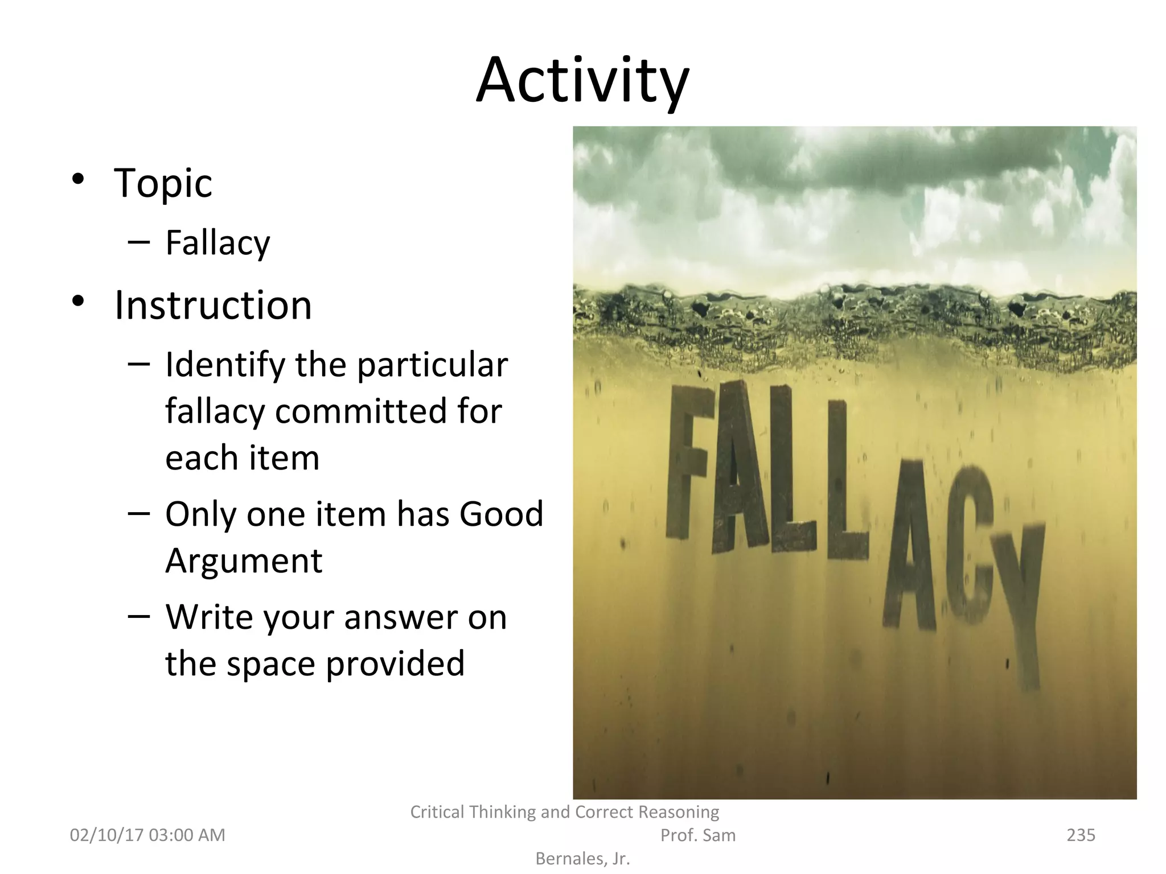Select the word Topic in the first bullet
[x=163, y=183]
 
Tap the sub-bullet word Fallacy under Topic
[x=217, y=243]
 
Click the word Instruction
[x=213, y=306]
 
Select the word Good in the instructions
[x=501, y=514]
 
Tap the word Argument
[x=244, y=560]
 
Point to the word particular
[x=432, y=365]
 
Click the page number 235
[x=1081, y=835]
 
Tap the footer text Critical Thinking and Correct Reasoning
[x=564, y=812]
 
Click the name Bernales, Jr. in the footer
[x=582, y=859]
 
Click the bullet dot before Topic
[x=78, y=178]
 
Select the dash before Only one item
[x=139, y=513]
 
